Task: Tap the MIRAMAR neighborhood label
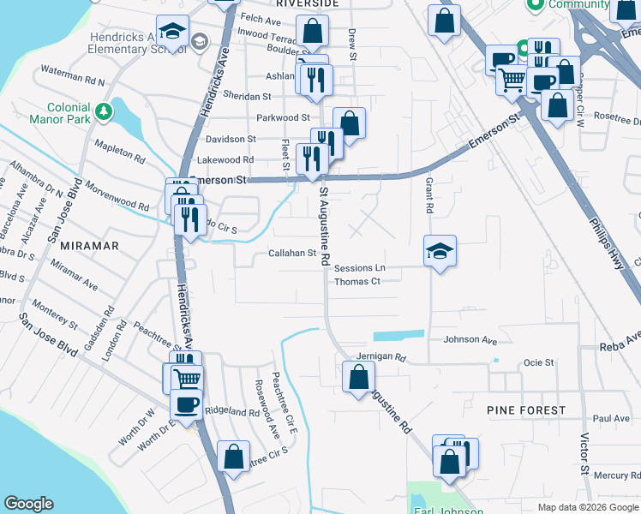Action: pyautogui.click(x=83, y=245)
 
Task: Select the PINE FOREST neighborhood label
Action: pyautogui.click(x=526, y=410)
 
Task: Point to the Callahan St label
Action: pyautogui.click(x=292, y=254)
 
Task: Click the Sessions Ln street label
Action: pyautogui.click(x=360, y=268)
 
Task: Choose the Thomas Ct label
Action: pyautogui.click(x=356, y=282)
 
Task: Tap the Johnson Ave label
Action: pyautogui.click(x=470, y=340)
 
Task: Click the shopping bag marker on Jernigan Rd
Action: pyautogui.click(x=358, y=377)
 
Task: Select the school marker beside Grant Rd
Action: pyautogui.click(x=440, y=252)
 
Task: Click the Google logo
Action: pyautogui.click(x=28, y=504)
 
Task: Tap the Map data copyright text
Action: pyautogui.click(x=588, y=507)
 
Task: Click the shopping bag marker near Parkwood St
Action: pyautogui.click(x=349, y=123)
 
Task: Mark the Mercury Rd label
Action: pyautogui.click(x=611, y=475)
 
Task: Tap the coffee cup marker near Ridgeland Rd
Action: pyautogui.click(x=186, y=403)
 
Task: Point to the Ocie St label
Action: pyautogui.click(x=538, y=362)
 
